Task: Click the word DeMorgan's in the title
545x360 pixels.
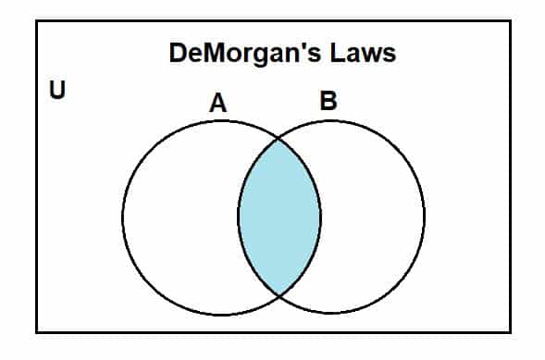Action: coord(242,53)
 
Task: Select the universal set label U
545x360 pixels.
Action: coord(56,93)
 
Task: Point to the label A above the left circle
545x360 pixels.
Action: coord(217,104)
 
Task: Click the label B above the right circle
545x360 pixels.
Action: coord(328,101)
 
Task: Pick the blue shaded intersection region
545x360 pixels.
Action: coord(279,217)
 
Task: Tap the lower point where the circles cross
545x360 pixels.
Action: coord(279,295)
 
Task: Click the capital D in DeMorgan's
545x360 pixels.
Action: coord(178,53)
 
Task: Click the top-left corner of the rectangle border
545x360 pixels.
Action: coord(37,21)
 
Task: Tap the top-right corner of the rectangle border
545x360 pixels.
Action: coord(510,21)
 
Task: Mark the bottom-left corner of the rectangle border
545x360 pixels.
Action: coord(37,331)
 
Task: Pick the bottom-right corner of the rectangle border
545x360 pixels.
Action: coord(510,331)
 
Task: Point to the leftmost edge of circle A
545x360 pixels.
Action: coord(123,218)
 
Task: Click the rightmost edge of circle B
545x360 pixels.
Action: coord(425,218)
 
